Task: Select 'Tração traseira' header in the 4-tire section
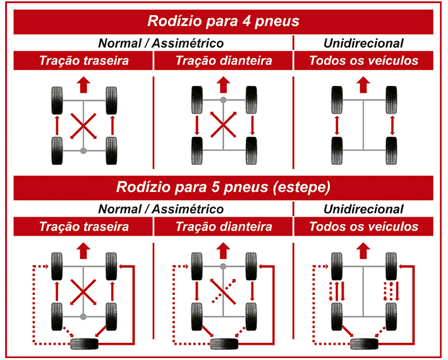coord(84,61)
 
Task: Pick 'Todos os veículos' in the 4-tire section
coord(363,61)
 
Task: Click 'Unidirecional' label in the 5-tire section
coord(363,209)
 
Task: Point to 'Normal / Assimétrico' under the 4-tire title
coord(160,43)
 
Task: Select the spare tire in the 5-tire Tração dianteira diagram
coord(223,344)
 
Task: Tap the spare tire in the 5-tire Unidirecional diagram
coord(363,344)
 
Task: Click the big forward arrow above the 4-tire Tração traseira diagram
coord(83,83)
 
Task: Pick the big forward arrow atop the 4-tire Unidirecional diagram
coord(363,83)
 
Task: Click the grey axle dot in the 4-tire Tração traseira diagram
coord(83,150)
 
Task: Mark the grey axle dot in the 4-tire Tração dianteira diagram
coord(223,100)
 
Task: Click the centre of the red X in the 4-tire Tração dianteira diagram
coord(223,124)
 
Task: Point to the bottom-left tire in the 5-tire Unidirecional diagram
coord(336,314)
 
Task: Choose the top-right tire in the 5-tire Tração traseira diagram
coord(112,265)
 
